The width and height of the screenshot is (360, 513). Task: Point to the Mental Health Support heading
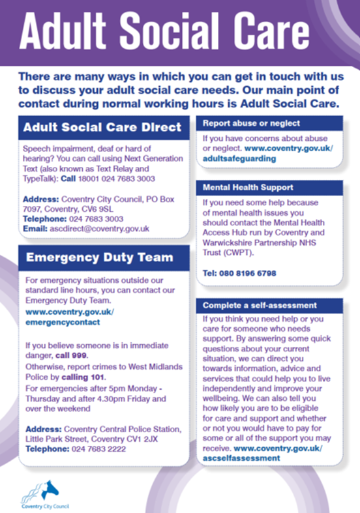pyautogui.click(x=248, y=187)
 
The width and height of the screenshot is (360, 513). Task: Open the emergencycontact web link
pyautogui.click(x=63, y=323)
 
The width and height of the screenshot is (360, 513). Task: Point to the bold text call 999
pyautogui.click(x=71, y=356)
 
